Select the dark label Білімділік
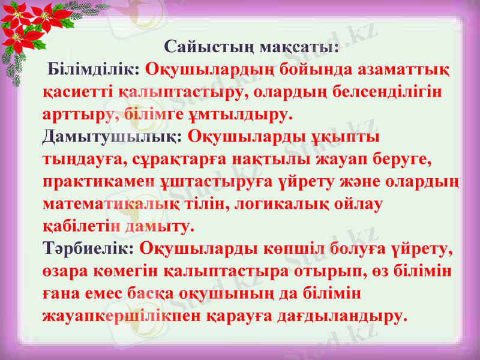(x=95, y=69)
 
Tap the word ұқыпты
(x=345, y=136)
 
